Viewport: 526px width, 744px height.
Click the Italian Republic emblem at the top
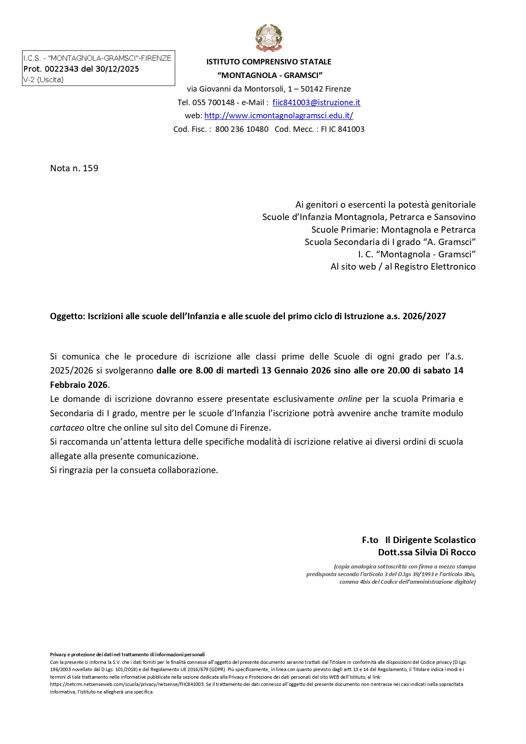(x=269, y=38)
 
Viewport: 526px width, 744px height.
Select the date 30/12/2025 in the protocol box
(x=117, y=69)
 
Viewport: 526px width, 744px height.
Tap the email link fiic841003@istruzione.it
(x=316, y=102)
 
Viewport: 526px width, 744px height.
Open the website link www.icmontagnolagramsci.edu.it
(x=278, y=115)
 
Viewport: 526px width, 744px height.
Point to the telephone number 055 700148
(x=213, y=102)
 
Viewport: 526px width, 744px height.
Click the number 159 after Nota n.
(x=90, y=168)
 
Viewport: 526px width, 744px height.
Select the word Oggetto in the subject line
(x=68, y=316)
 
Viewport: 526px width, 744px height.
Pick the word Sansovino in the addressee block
(x=454, y=217)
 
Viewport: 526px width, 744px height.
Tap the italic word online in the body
(x=350, y=399)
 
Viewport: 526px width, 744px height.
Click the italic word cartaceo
(x=67, y=427)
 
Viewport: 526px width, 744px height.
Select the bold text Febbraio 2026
(x=79, y=385)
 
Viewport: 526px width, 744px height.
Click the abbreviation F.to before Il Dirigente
(x=370, y=540)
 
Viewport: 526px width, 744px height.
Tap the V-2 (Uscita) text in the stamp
(x=43, y=80)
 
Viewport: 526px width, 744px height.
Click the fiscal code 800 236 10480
(x=242, y=129)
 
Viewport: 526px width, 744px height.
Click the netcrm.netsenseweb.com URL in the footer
(x=127, y=684)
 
